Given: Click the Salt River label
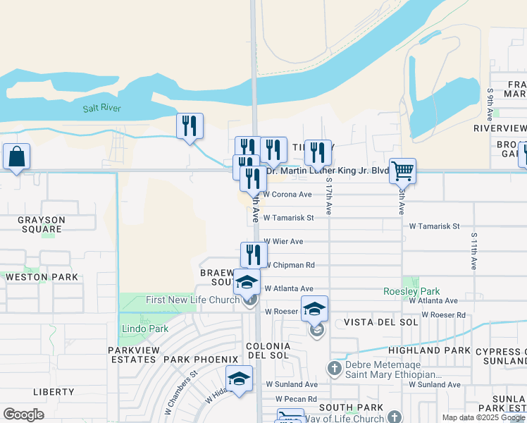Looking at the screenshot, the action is point(102,108).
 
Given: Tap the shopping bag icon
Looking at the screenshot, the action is point(16,157).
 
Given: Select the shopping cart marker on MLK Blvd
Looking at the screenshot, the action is point(402,170).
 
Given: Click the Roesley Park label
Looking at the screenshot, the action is point(411,291).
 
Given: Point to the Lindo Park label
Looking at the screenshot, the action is point(144,329).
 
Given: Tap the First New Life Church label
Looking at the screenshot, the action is point(193,300).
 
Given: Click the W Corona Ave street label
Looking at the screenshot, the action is point(287,195).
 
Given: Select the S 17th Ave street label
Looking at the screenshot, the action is point(329,196).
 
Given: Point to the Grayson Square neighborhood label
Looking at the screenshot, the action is point(41,224).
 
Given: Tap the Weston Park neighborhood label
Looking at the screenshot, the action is point(42,277).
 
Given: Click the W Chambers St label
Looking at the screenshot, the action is point(180,396).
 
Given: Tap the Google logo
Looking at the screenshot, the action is point(23,415).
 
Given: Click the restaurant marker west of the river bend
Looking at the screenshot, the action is point(190,125).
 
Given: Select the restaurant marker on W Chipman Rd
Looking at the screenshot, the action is point(254,255).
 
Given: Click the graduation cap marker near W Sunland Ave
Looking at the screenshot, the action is point(239,379).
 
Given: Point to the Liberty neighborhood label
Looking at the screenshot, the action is point(54,392).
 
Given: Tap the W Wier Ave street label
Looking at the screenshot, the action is point(283,242).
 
